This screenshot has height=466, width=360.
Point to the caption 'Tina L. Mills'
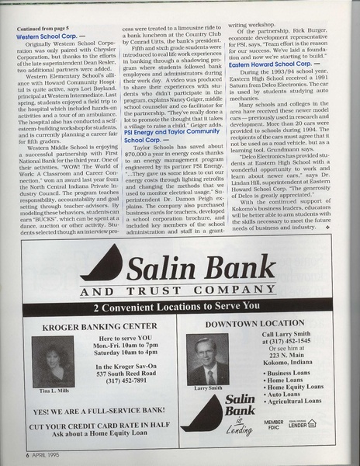(54, 391)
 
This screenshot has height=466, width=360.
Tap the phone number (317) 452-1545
(285, 339)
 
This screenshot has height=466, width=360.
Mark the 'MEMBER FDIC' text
(274, 425)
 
